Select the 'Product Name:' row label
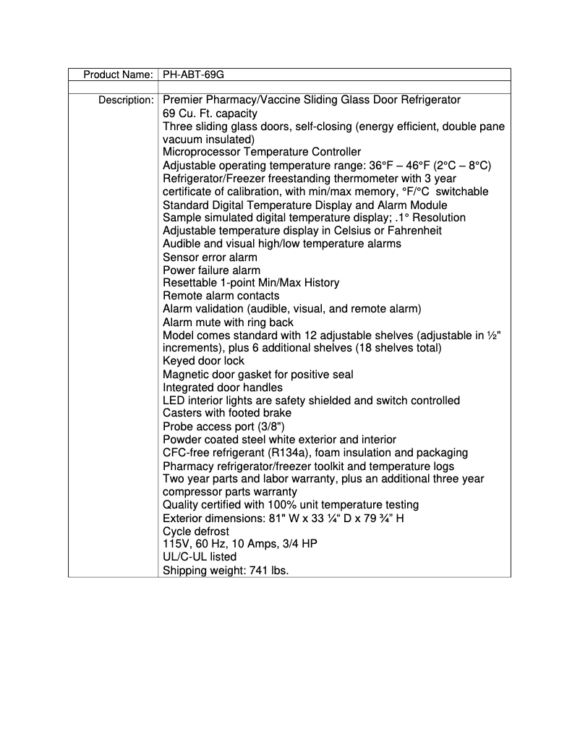pyautogui.click(x=118, y=74)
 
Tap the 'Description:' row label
pyautogui.click(x=126, y=100)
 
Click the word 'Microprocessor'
pyautogui.click(x=200, y=152)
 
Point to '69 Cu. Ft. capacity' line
pyautogui.click(x=210, y=114)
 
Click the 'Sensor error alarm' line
pyautogui.click(x=210, y=257)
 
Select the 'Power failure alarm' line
pyautogui.click(x=211, y=270)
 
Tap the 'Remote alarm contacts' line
pyautogui.click(x=221, y=296)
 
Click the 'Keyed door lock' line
pyautogui.click(x=203, y=361)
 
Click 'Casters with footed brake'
pyautogui.click(x=227, y=413)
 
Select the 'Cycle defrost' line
pyautogui.click(x=196, y=531)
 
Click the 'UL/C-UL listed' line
pyautogui.click(x=200, y=557)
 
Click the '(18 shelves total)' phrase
pyautogui.click(x=395, y=348)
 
